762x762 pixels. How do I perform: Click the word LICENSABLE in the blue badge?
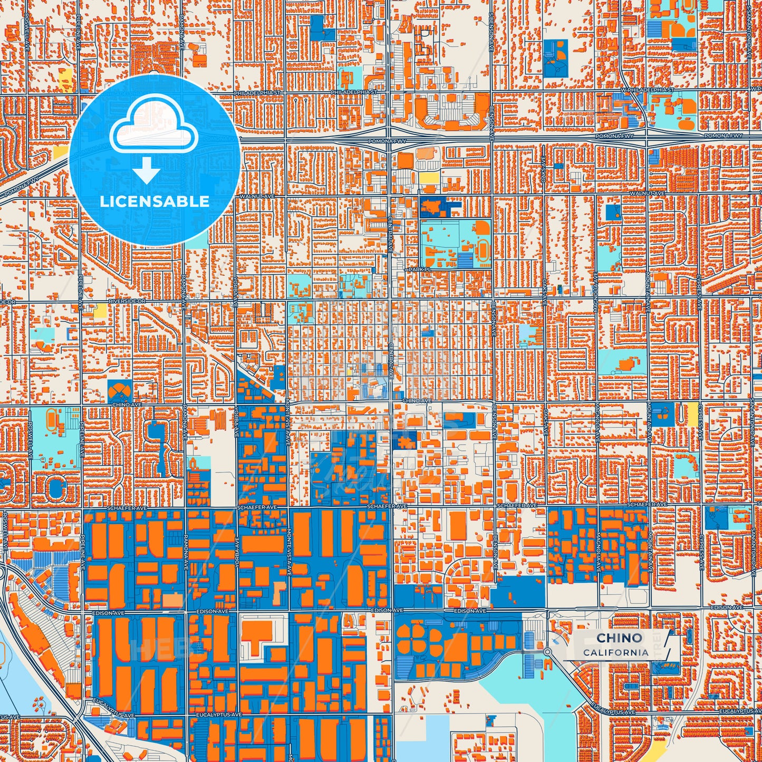(155, 201)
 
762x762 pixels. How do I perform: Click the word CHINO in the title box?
(619, 638)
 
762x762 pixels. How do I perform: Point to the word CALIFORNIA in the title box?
(615, 652)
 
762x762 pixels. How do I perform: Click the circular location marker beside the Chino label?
(547, 652)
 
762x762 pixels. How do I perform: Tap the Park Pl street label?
(420, 269)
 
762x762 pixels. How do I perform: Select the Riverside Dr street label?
(127, 301)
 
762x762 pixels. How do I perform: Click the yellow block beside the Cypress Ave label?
(691, 413)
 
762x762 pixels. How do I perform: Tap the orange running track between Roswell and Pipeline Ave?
(52, 419)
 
